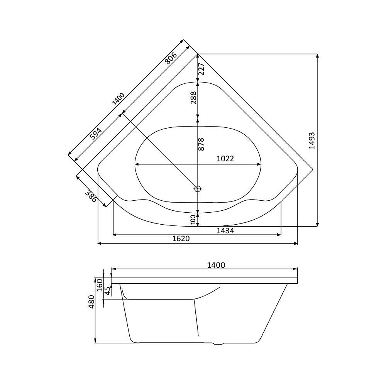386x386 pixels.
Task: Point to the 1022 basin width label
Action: coord(225,159)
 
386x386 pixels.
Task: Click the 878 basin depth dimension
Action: coord(201,144)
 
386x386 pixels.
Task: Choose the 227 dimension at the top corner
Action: coord(201,69)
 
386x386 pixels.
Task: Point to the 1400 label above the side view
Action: coord(216,265)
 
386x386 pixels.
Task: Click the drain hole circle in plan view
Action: coord(198,189)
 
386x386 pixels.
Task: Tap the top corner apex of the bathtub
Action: coord(197,54)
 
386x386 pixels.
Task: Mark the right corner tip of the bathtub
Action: coord(312,169)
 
